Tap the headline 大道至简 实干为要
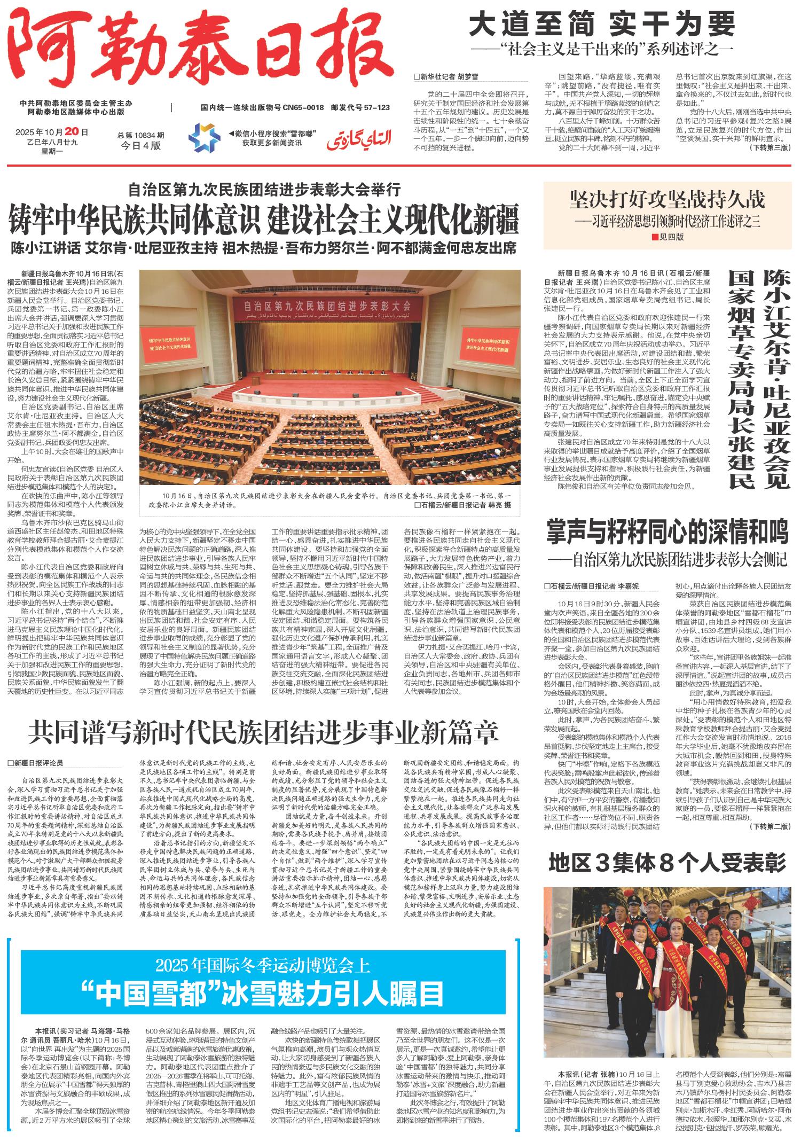click(x=602, y=25)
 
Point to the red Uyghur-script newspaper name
click(x=359, y=138)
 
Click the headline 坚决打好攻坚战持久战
click(x=667, y=200)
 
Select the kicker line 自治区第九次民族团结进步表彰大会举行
click(x=264, y=189)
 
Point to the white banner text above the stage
click(x=327, y=307)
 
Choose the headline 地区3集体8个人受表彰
click(x=667, y=863)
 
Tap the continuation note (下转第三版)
click(x=769, y=147)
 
